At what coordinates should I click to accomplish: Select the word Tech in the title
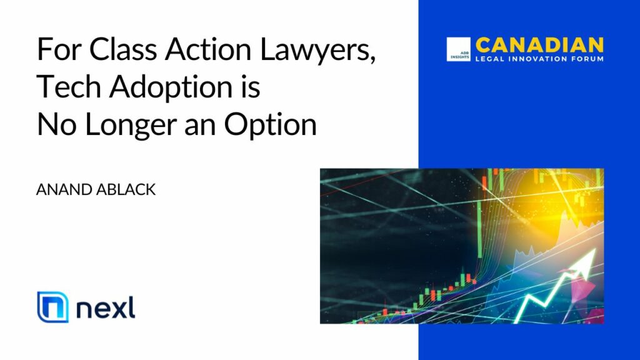click(x=69, y=86)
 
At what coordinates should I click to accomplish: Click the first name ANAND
click(x=64, y=189)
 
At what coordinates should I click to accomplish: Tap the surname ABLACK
click(x=126, y=189)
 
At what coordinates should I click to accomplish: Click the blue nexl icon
click(x=52, y=307)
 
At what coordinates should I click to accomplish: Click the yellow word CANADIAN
click(x=539, y=45)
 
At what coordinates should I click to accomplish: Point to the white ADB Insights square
click(x=458, y=49)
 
